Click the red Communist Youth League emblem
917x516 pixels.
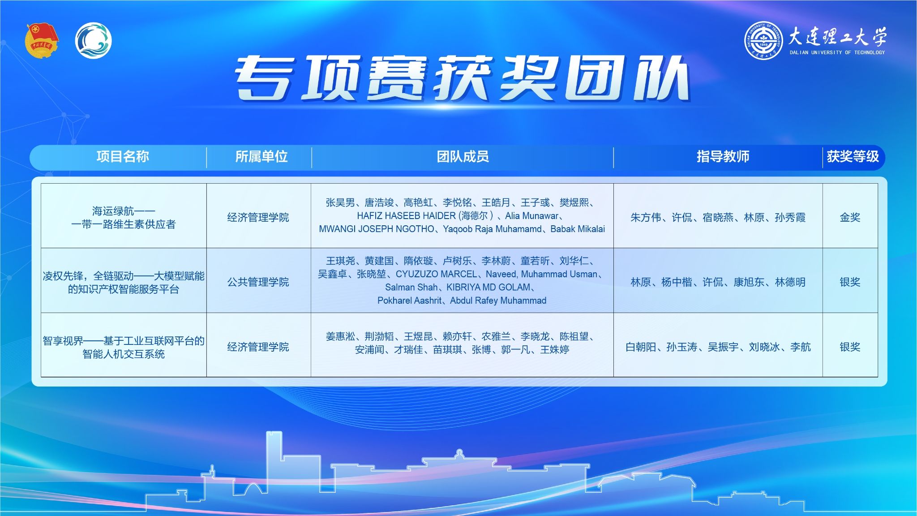tap(42, 41)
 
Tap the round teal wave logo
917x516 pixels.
tap(93, 41)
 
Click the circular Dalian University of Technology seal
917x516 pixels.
tap(763, 41)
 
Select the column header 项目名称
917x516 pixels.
tap(123, 157)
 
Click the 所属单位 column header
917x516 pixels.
tap(261, 157)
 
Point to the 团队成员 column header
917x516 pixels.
tap(463, 157)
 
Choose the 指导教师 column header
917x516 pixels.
tap(723, 157)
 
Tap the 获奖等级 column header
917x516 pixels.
tap(853, 157)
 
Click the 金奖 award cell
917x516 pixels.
tap(850, 218)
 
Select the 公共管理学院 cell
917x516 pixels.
tap(258, 282)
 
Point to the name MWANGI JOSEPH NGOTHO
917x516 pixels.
tap(377, 229)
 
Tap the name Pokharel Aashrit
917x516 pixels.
tap(409, 301)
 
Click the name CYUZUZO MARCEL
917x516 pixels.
tap(437, 274)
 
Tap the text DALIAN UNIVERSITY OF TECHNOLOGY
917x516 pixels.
tap(837, 52)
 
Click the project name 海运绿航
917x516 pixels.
tap(113, 211)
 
